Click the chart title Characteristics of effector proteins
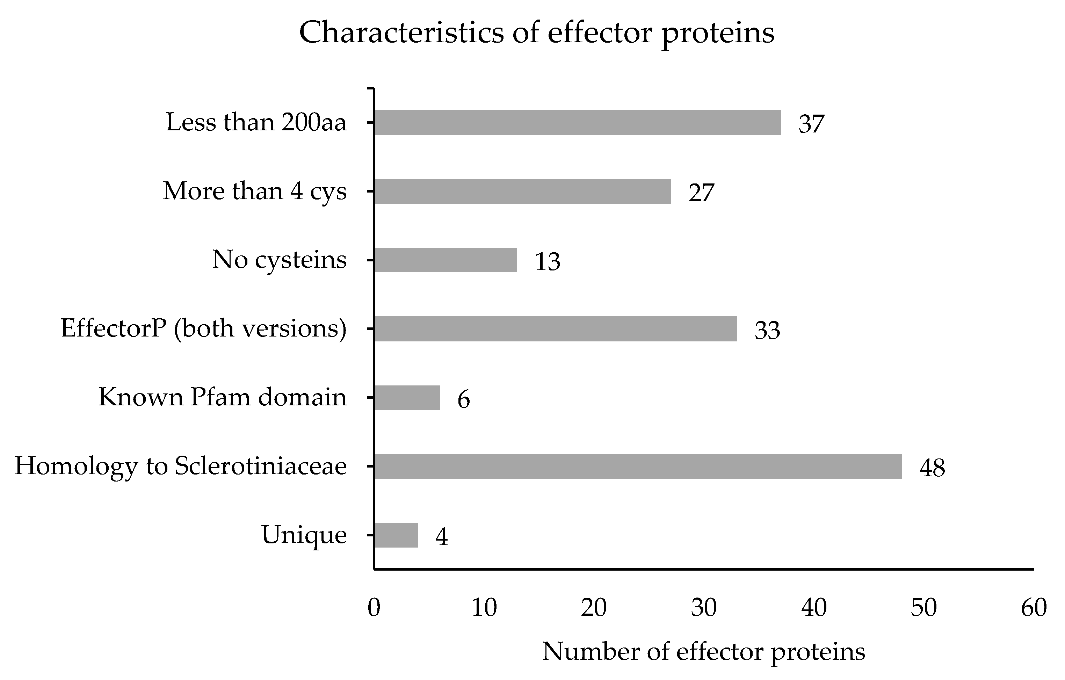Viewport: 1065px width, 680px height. coord(536,33)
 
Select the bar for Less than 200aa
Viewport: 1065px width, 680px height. coord(578,123)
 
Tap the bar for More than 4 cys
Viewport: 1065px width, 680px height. coord(523,191)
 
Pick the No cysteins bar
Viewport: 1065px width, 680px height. coord(446,260)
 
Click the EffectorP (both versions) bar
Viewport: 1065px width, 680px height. coord(556,329)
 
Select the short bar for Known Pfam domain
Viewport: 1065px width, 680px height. coord(407,397)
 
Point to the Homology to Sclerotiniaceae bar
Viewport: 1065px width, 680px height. coord(638,466)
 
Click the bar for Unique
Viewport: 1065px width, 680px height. coord(396,535)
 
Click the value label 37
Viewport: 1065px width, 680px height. coord(811,124)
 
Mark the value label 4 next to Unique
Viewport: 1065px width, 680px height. coord(441,537)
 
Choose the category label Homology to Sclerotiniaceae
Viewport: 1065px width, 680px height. coord(180,466)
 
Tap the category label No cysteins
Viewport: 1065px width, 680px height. coord(279,260)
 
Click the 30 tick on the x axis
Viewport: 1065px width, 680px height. coord(704,607)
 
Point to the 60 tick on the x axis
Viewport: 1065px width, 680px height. coord(1034,607)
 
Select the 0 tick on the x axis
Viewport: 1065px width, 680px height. coord(374,607)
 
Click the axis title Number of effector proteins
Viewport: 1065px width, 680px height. coord(703,652)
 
